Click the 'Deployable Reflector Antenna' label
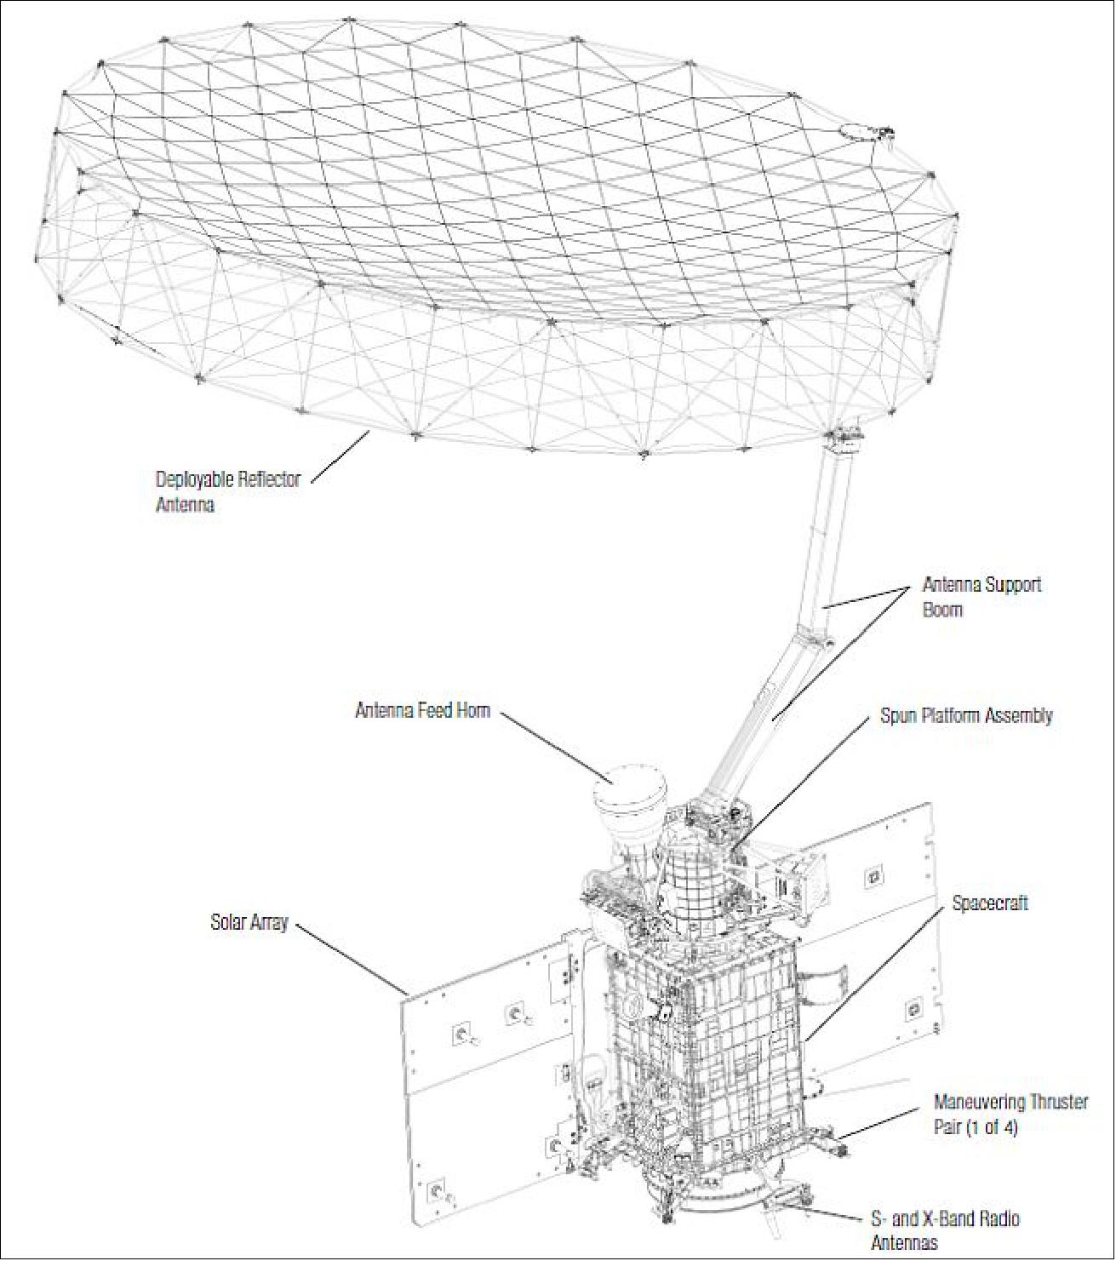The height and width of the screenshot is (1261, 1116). tap(227, 491)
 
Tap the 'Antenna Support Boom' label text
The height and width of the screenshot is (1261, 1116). tap(982, 597)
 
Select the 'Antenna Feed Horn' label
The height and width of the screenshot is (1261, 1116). tap(422, 710)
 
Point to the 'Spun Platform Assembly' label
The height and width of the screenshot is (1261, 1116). tap(966, 716)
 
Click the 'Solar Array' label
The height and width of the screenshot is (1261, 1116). tap(249, 922)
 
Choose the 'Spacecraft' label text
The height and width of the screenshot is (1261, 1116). tap(989, 903)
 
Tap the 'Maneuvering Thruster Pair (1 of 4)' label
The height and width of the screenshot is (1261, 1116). tap(1010, 1115)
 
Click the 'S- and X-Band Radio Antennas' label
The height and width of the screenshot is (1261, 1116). tap(944, 1230)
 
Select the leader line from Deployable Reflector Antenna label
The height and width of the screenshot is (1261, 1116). tap(340, 457)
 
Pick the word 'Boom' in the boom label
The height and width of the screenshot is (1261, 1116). tap(942, 610)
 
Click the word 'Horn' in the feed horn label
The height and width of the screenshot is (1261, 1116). tap(472, 710)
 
